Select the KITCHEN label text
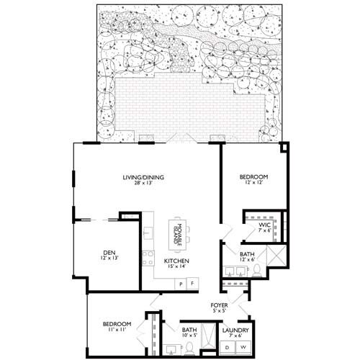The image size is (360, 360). pos(177,261)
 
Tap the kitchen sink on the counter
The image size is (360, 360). pos(147,233)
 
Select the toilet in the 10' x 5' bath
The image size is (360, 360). pos(188,348)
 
